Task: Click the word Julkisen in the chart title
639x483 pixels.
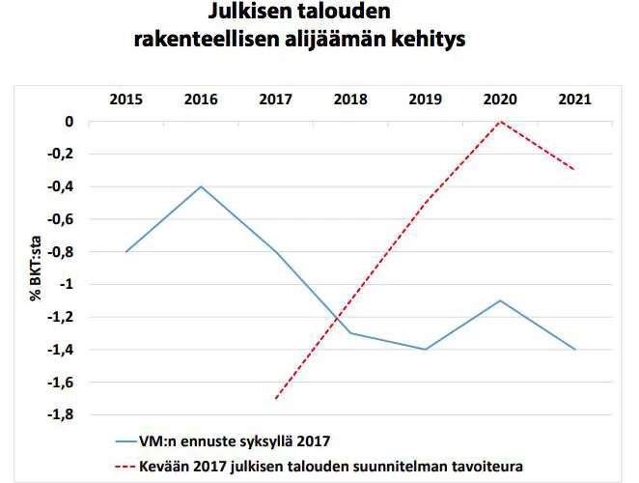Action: tap(249, 14)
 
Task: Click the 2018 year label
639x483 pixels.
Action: tap(350, 99)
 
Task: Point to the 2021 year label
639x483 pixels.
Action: tap(575, 99)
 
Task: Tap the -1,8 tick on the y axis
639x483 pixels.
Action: tap(62, 415)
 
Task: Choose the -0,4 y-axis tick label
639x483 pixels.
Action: tap(62, 186)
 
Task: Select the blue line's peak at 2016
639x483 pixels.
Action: tap(201, 186)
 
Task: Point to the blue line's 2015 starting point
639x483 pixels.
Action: tap(125, 252)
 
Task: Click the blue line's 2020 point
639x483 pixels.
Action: tap(500, 300)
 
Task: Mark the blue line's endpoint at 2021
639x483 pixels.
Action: tap(575, 350)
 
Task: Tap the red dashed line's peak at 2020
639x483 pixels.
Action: tap(500, 122)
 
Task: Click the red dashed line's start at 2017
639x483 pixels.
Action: tap(276, 398)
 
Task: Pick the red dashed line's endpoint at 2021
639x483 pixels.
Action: tap(575, 170)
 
